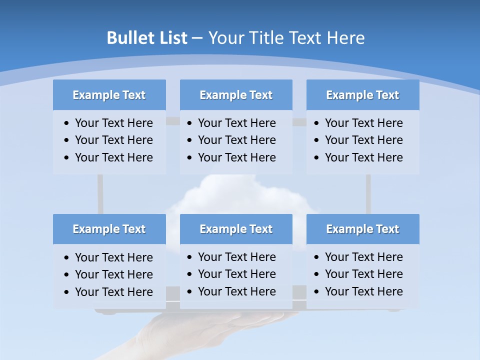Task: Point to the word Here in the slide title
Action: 345,38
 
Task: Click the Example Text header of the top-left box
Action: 109,95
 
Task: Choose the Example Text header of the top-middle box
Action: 236,95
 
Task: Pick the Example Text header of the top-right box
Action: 362,95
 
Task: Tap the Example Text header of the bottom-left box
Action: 109,229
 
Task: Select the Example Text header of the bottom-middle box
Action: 236,229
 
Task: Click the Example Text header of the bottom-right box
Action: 362,229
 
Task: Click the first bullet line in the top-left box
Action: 113,123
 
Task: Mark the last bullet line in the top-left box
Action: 113,157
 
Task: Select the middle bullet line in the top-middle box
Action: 236,140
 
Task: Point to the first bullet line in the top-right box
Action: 363,123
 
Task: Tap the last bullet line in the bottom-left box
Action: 113,292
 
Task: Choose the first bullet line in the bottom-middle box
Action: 236,257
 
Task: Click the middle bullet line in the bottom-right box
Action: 363,274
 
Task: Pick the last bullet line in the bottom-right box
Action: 363,291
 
